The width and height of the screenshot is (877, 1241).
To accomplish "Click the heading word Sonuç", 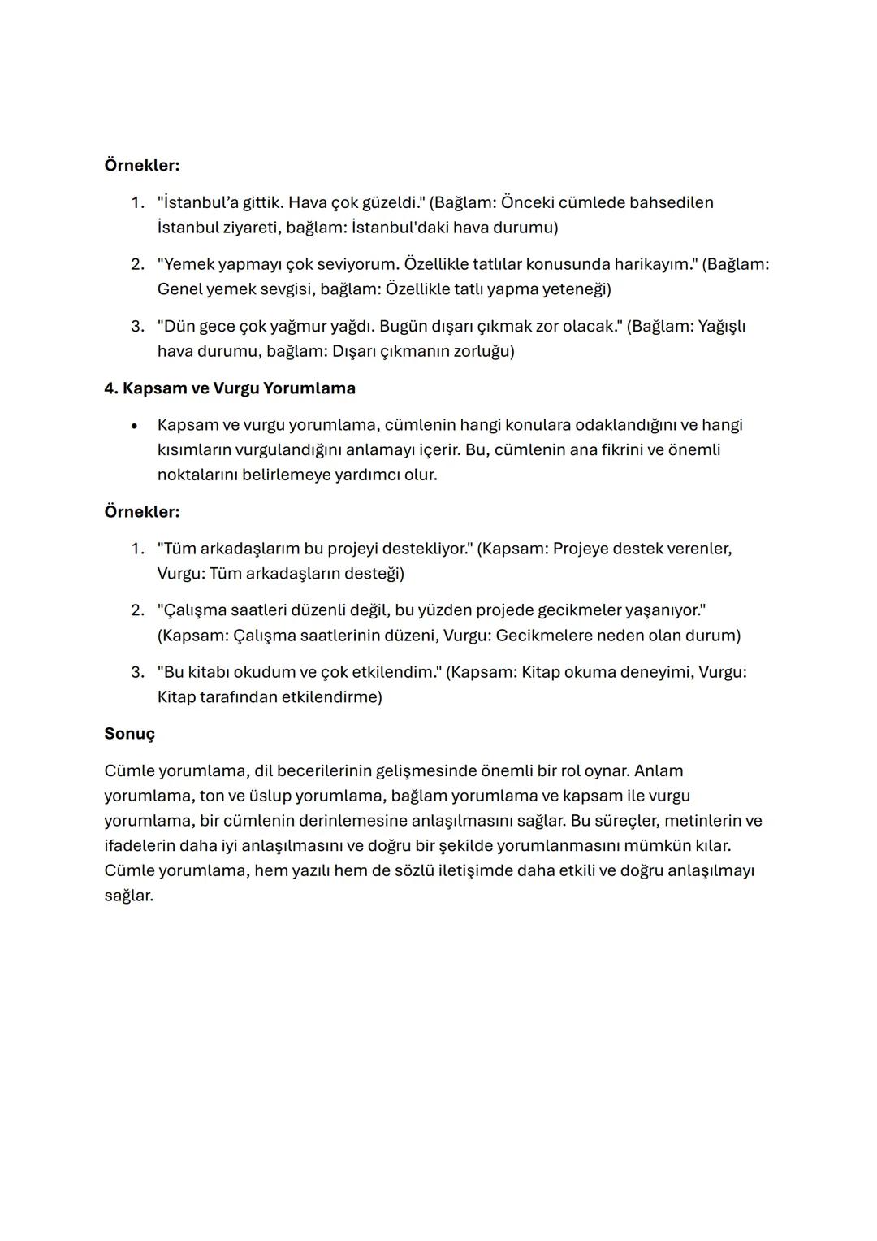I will (129, 734).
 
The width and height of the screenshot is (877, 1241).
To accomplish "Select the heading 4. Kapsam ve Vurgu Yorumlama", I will (230, 388).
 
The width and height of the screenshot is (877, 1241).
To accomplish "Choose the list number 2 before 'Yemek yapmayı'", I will (137, 264).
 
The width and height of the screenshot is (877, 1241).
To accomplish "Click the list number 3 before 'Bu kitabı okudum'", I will (137, 672).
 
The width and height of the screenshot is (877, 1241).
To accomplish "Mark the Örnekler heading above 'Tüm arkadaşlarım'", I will (142, 512).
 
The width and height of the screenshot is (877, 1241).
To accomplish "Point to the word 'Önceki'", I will (527, 202).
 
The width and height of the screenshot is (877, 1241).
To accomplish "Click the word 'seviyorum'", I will (358, 264).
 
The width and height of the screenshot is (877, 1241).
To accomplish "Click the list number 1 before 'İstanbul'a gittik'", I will (137, 202).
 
